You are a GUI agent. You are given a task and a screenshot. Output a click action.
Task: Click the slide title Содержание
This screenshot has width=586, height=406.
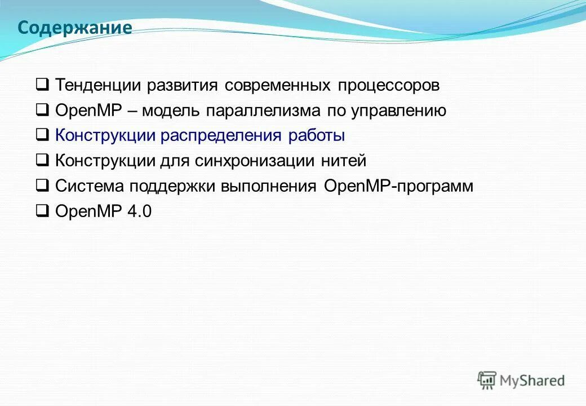point(74,28)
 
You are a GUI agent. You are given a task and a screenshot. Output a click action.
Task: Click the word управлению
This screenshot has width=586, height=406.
point(398,111)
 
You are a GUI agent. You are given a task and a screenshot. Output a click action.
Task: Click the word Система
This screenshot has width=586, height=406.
point(90,186)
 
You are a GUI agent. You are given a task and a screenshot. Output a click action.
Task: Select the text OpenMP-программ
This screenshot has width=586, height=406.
point(398,186)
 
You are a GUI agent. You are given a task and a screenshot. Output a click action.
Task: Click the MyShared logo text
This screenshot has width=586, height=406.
point(532,381)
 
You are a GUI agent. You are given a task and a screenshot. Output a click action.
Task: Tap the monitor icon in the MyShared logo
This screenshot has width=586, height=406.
point(487,379)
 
